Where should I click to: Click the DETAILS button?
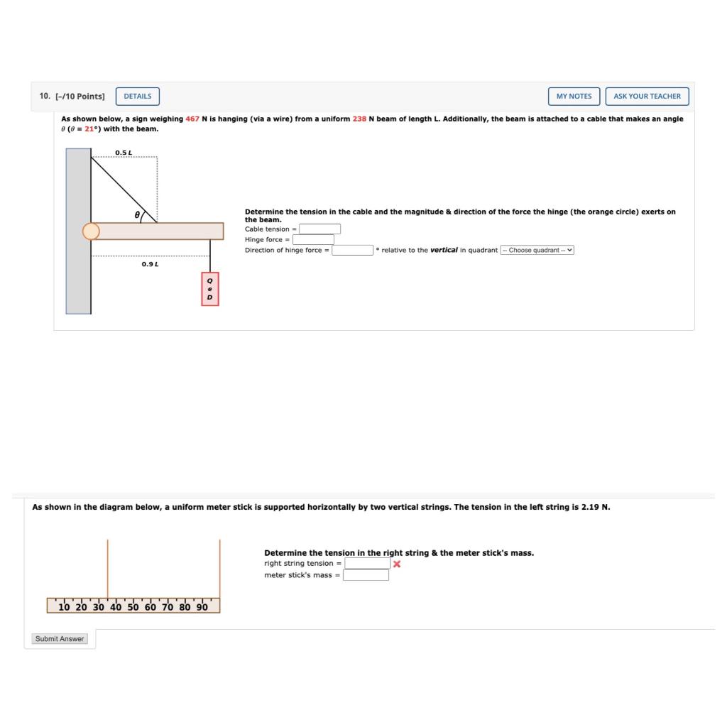pyautogui.click(x=138, y=96)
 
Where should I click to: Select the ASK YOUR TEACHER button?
pyautogui.click(x=647, y=96)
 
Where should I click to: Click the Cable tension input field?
pyautogui.click(x=319, y=229)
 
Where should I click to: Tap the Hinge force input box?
pyautogui.click(x=313, y=239)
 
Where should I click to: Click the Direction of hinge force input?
pyautogui.click(x=353, y=250)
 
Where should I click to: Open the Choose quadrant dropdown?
pyautogui.click(x=537, y=250)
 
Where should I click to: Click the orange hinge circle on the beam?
pyautogui.click(x=91, y=231)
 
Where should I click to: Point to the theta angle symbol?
pyautogui.click(x=137, y=214)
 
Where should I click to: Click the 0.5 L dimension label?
pyautogui.click(x=124, y=153)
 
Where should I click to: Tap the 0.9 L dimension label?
pyautogui.click(x=150, y=264)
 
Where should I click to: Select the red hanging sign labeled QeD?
pyautogui.click(x=209, y=289)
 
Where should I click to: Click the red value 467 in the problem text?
pyautogui.click(x=192, y=119)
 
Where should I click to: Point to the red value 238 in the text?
pyautogui.click(x=359, y=119)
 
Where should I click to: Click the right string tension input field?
pyautogui.click(x=368, y=564)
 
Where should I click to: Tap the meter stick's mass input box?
pyautogui.click(x=366, y=575)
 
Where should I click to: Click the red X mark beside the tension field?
pyautogui.click(x=397, y=564)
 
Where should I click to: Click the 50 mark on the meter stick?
pyautogui.click(x=133, y=607)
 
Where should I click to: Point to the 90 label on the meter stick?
pyautogui.click(x=202, y=607)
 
